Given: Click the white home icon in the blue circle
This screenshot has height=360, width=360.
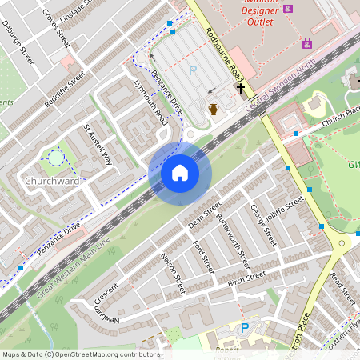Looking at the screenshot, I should click(180, 173).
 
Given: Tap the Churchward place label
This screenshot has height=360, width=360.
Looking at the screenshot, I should click(52, 182).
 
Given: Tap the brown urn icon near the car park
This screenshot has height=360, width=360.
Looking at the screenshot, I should click(214, 109).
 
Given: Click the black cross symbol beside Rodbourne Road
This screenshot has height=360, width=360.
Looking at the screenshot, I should click(238, 90).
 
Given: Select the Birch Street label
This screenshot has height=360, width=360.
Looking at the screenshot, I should click(246, 278).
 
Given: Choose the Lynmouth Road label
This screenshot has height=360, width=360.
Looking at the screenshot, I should click(151, 102).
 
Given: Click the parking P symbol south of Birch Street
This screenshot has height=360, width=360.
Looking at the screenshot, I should click(245, 327).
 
